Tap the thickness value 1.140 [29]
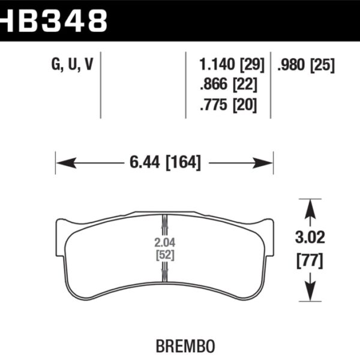(227, 65)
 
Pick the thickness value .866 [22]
(227, 85)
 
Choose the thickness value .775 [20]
(227, 105)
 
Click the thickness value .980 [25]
(305, 65)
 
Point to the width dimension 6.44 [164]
(163, 162)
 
